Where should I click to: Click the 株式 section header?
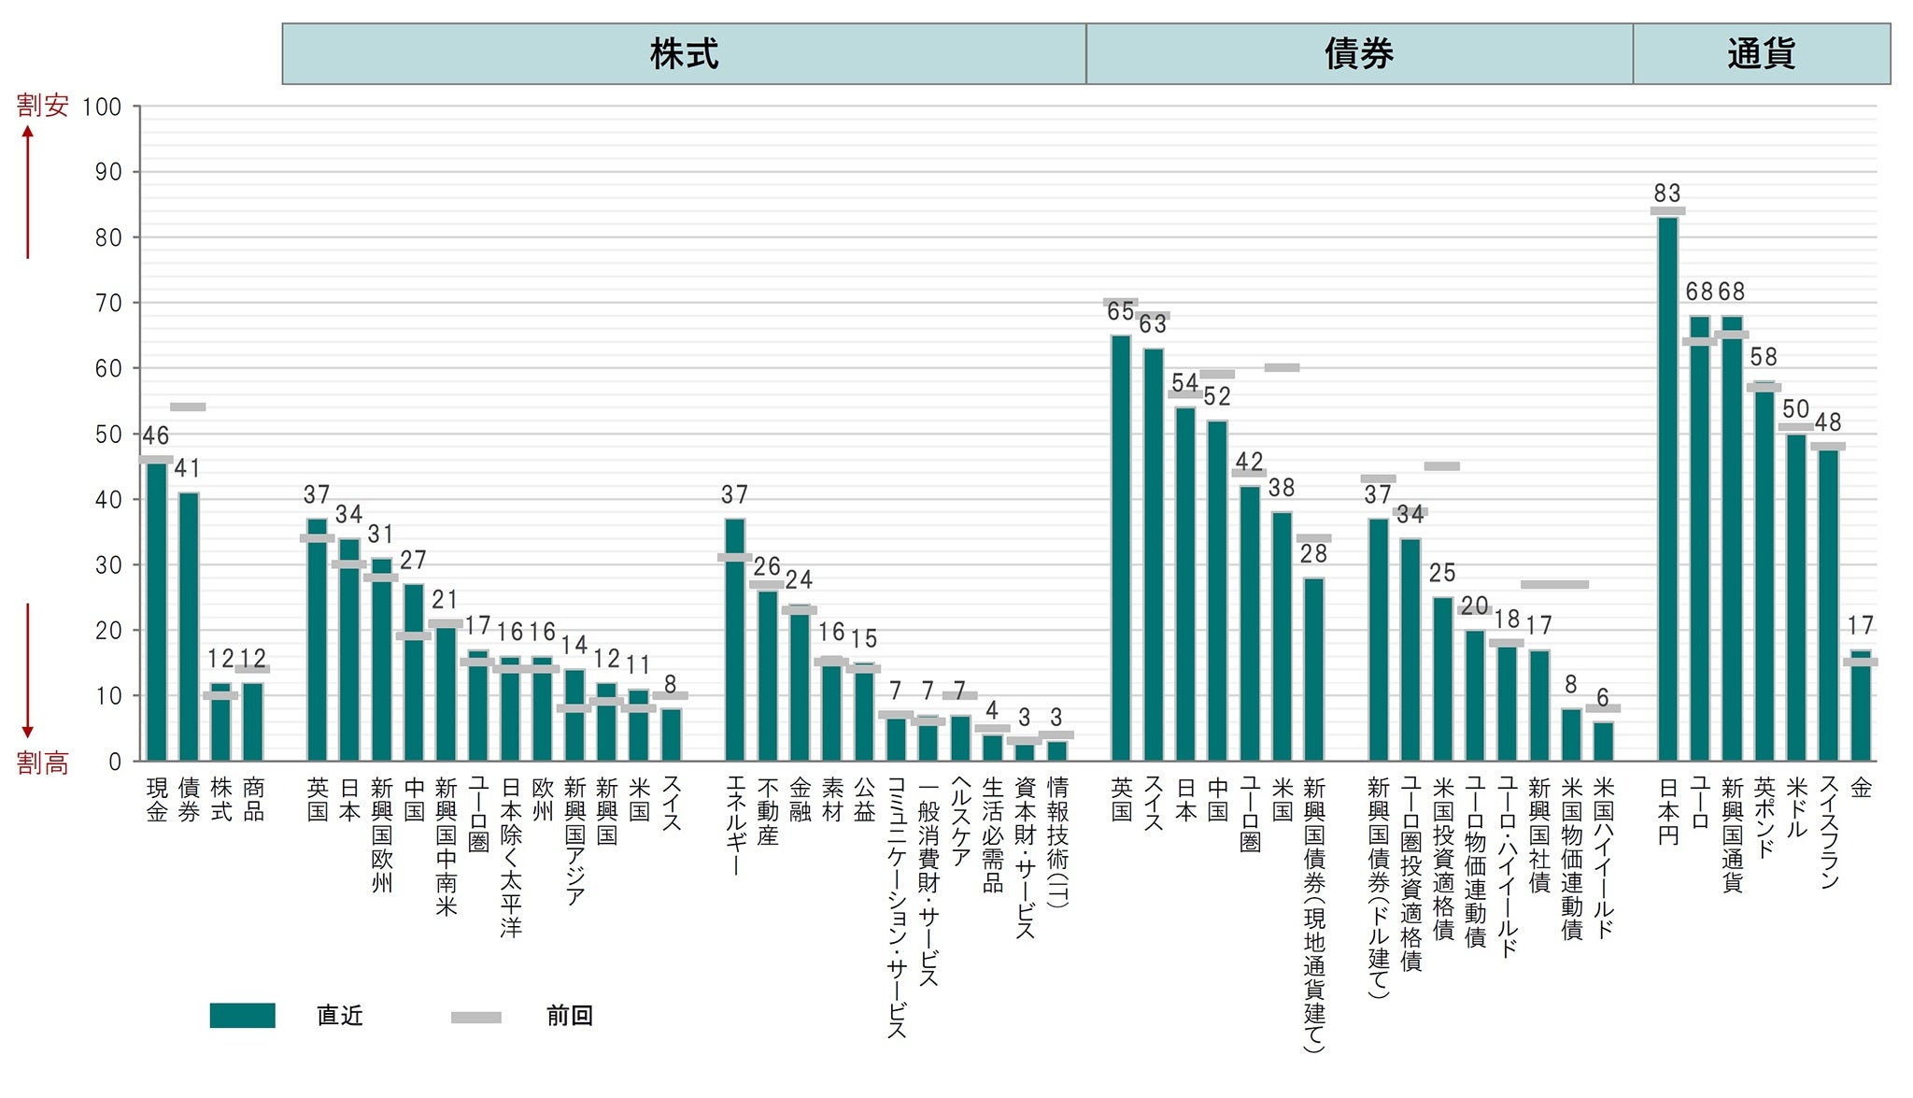684,54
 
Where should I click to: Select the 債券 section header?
1358,54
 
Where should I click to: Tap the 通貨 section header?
1761,54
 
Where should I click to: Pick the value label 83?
1667,193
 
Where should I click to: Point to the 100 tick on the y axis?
102,107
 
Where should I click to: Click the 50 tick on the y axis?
108,435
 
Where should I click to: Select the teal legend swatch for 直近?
242,1015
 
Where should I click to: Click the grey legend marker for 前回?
475,1017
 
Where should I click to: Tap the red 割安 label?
43,106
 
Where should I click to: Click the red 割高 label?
43,763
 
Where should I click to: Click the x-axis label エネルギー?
735,826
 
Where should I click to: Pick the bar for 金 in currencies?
1861,706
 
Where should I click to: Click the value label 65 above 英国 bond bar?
1120,312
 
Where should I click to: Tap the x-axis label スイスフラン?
1829,832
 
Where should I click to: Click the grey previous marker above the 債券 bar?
188,406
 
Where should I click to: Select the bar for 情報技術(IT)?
1056,750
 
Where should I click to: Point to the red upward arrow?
28,192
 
